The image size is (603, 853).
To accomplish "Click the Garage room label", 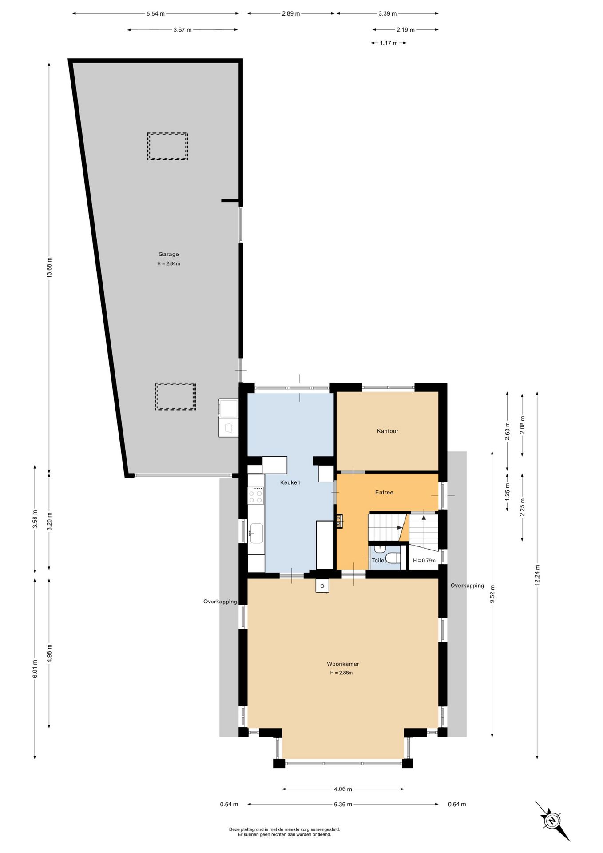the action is tap(169, 254).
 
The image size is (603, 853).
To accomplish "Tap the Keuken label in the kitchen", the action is tap(290, 482).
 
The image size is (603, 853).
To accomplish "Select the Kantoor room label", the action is tap(388, 431).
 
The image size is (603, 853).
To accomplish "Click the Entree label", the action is tap(384, 492).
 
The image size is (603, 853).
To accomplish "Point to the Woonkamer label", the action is tap(343, 664).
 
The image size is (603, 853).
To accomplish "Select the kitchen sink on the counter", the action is tap(256, 533).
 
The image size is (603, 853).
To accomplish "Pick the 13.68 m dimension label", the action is tap(49, 267).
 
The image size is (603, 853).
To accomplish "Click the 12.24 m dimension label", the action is tap(537, 575).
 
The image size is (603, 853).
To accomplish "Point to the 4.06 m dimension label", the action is tap(343, 789).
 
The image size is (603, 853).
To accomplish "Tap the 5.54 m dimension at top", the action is tap(155, 14).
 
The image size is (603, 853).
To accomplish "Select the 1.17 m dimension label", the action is tap(389, 43).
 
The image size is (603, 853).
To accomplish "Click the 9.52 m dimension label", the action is tap(492, 594).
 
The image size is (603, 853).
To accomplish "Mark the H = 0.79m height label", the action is tap(424, 561).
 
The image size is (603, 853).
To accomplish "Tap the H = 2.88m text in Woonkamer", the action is tap(341, 673).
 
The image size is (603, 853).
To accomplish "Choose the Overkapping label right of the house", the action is tap(467, 586).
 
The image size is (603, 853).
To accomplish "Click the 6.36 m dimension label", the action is tap(343, 804).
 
